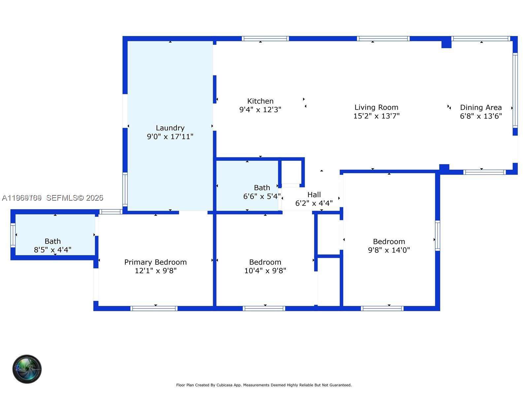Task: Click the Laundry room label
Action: pyautogui.click(x=170, y=128)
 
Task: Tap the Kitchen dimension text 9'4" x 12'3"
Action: pyautogui.click(x=260, y=110)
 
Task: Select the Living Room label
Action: pyautogui.click(x=376, y=107)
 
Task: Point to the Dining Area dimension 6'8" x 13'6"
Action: pyautogui.click(x=481, y=116)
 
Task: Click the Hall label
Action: pyautogui.click(x=314, y=195)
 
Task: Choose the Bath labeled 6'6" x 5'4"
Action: pyautogui.click(x=262, y=188)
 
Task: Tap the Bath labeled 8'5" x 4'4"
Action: pyautogui.click(x=52, y=241)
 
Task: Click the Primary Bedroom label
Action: pyautogui.click(x=155, y=262)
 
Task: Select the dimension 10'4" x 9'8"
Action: pyautogui.click(x=265, y=271)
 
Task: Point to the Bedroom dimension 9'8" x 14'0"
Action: pyautogui.click(x=389, y=250)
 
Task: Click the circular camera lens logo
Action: pyautogui.click(x=27, y=369)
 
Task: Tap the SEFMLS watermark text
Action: pyautogui.click(x=75, y=198)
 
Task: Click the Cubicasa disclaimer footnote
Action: pyautogui.click(x=264, y=385)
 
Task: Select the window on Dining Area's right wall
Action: pyautogui.click(x=515, y=90)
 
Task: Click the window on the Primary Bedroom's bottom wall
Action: pyautogui.click(x=154, y=309)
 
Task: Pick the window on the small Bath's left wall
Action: pyautogui.click(x=13, y=235)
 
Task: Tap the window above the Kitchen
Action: pyautogui.click(x=265, y=39)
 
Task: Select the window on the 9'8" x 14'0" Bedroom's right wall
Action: pyautogui.click(x=437, y=235)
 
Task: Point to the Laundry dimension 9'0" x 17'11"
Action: pyautogui.click(x=170, y=137)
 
